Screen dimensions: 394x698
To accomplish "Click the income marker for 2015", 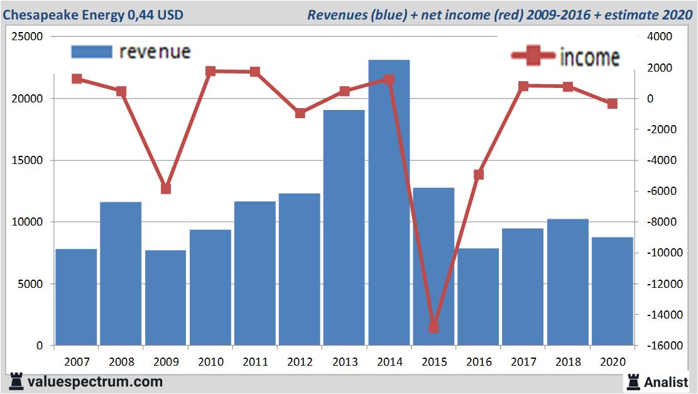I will pos(434,327).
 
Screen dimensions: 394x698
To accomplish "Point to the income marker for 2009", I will pos(166,189).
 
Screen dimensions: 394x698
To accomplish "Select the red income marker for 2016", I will pos(479,174).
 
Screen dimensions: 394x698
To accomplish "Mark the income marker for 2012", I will pos(300,113).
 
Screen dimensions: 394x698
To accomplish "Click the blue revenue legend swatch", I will pos(92,52).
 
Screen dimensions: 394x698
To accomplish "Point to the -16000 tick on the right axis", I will pos(657,346).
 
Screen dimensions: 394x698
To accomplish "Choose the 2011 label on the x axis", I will pos(255,362).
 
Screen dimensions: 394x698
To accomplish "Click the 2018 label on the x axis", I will pos(567,362).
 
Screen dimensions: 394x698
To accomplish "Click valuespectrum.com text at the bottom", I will pos(95,381).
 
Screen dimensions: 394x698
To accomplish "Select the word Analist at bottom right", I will pos(667,381).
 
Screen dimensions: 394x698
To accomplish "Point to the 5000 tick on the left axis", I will pos(30,284).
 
